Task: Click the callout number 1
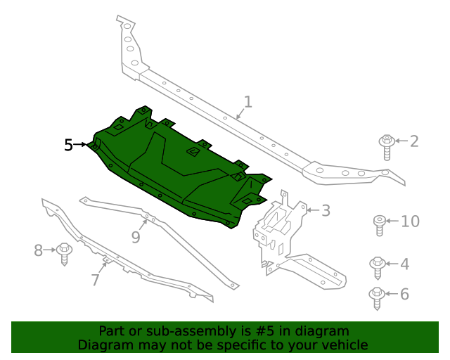pyautogui.click(x=247, y=102)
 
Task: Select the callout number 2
pyautogui.click(x=414, y=141)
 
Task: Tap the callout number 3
pyautogui.click(x=326, y=210)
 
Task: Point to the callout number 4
pyautogui.click(x=404, y=264)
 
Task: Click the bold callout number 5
pyautogui.click(x=68, y=145)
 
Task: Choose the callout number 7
pyautogui.click(x=96, y=280)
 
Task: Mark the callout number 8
pyautogui.click(x=39, y=250)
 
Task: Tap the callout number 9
pyautogui.click(x=136, y=237)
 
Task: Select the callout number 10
pyautogui.click(x=410, y=222)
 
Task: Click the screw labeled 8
pyautogui.click(x=65, y=252)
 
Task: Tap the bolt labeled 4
pyautogui.click(x=378, y=268)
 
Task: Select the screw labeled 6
pyautogui.click(x=378, y=298)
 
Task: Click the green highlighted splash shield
pyautogui.click(x=176, y=169)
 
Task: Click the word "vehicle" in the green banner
pyautogui.click(x=344, y=345)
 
